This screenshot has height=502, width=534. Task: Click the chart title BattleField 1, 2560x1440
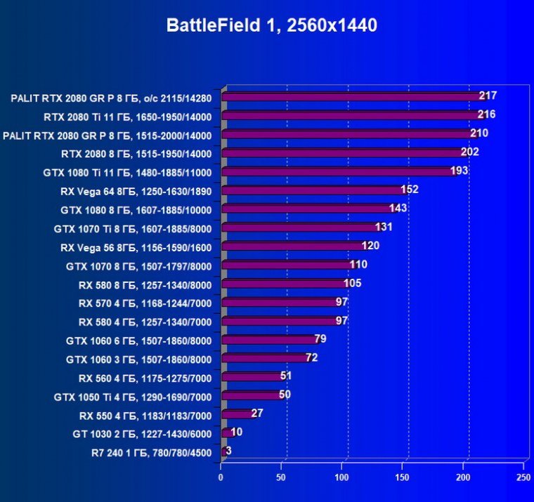tap(272, 26)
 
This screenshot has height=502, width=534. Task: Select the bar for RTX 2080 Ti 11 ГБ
tap(351, 115)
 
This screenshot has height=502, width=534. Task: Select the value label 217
tap(488, 95)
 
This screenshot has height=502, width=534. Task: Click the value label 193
tap(459, 171)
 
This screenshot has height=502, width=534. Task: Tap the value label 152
tap(409, 190)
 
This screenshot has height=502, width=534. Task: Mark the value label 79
tap(320, 339)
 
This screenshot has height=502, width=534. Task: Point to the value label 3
tap(228, 451)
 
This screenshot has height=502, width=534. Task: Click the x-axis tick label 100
tap(342, 478)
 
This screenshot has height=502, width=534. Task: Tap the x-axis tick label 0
tap(221, 478)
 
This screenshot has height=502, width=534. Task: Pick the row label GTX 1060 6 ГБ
tap(138, 340)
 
